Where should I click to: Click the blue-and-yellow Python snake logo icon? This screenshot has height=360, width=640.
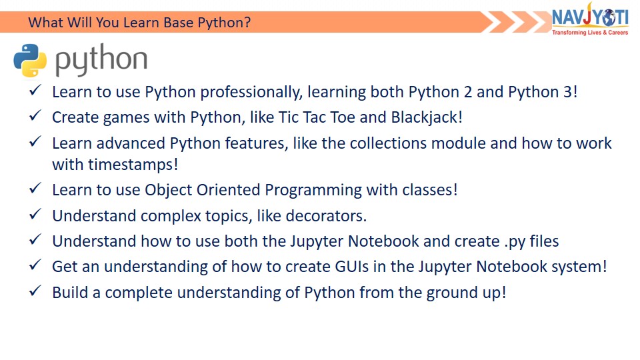point(30,61)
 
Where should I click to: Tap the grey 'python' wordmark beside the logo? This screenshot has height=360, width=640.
point(101,60)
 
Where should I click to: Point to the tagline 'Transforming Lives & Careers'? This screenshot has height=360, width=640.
point(590,32)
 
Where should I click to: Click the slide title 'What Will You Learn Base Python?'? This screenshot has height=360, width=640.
point(139,22)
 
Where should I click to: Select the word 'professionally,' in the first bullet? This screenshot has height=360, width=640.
point(251,92)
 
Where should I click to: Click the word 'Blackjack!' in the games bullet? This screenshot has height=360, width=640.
point(427,117)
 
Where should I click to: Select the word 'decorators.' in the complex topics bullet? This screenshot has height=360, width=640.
point(326,216)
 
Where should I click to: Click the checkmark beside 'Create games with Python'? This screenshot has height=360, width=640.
point(35,115)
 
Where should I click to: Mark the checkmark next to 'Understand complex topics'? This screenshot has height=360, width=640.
point(35,214)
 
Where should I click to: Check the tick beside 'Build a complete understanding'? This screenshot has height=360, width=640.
point(35,291)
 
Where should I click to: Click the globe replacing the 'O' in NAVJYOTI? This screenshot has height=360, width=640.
point(609,18)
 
